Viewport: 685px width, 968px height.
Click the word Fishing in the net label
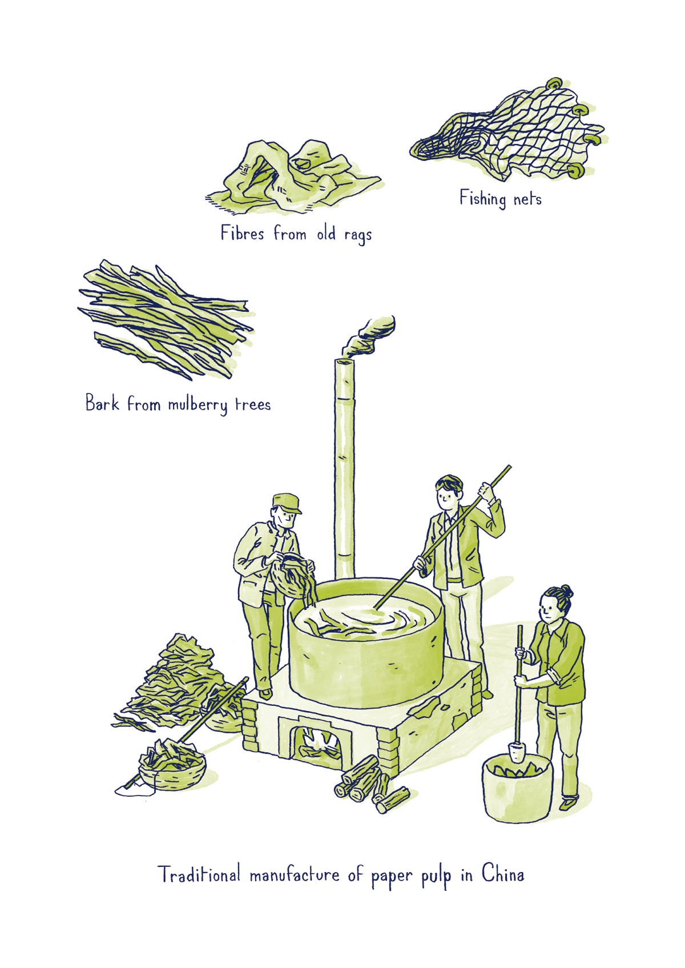(482, 199)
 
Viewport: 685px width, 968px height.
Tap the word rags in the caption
(357, 235)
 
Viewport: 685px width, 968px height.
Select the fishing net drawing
(508, 137)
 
